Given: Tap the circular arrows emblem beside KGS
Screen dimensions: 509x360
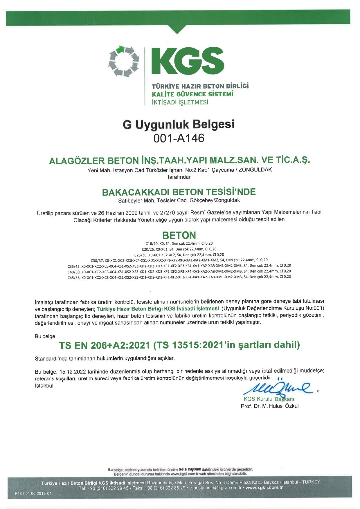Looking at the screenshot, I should [x=123, y=62].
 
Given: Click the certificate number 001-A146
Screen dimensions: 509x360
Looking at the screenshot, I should [x=179, y=138].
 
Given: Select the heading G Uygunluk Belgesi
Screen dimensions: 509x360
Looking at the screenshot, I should [x=179, y=124].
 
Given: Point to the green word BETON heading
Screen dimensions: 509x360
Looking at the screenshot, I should [x=179, y=235].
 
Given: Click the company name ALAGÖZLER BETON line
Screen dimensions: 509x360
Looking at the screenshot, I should [x=179, y=160].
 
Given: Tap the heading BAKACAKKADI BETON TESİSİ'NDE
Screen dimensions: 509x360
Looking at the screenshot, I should [x=179, y=192].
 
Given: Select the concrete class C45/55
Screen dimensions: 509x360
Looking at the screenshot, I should [x=73, y=277].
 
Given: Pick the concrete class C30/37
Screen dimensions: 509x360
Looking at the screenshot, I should [x=97, y=260].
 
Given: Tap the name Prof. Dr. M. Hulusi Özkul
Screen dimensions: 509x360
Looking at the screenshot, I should [x=269, y=406].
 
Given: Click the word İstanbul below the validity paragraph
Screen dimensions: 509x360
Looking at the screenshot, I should [x=44, y=386].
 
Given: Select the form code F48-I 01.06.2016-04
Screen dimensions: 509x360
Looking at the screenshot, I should [x=33, y=494].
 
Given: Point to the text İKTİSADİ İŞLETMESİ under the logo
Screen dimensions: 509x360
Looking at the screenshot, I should [x=180, y=102].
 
